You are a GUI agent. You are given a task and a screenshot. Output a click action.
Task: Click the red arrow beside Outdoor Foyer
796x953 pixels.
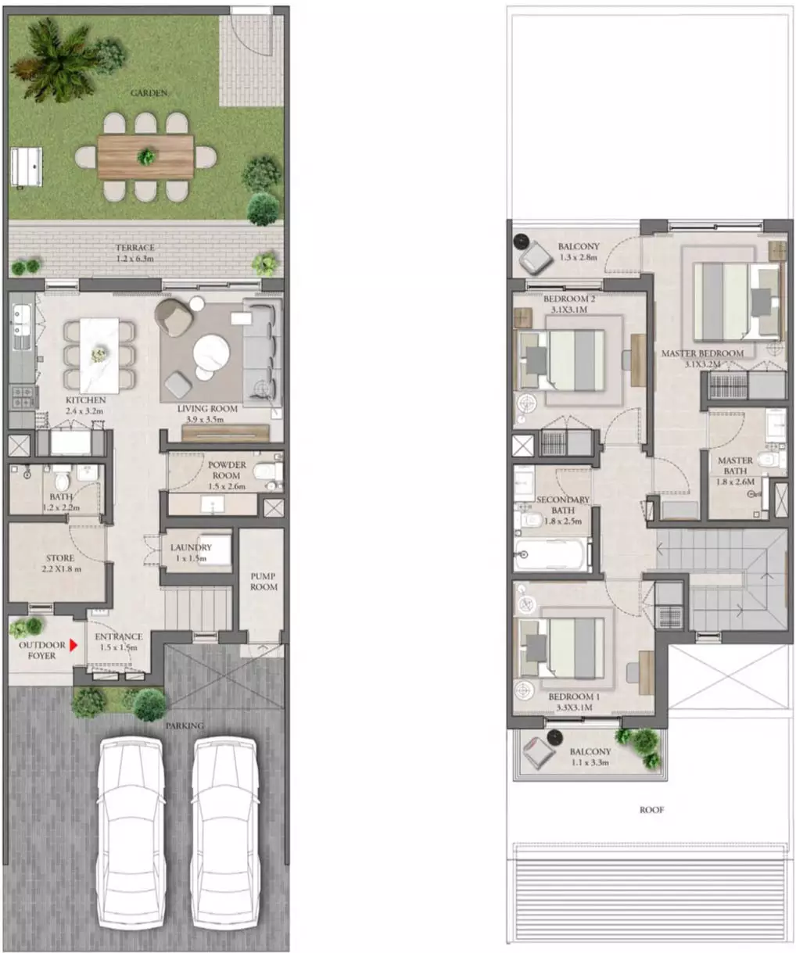(73, 646)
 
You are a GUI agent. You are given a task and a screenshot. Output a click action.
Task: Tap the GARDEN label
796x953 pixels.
(149, 93)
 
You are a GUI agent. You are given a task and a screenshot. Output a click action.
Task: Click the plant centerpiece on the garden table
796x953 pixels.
(146, 156)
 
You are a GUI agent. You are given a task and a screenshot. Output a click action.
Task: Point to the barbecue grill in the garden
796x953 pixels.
(27, 167)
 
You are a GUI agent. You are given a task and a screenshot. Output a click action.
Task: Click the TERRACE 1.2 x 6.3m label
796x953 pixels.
(134, 253)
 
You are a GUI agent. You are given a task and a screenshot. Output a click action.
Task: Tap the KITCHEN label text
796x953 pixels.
(86, 399)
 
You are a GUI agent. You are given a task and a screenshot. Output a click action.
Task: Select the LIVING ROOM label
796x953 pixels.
(207, 409)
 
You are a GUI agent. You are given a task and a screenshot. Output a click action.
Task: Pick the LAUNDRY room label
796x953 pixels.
(191, 547)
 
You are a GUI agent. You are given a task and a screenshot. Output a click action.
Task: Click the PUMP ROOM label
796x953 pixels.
(264, 582)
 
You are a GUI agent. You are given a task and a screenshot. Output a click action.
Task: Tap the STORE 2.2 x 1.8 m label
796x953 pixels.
(60, 563)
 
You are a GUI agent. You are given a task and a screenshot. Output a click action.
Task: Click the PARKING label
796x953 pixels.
(185, 725)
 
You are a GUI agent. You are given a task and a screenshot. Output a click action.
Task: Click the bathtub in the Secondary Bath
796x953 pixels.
(552, 554)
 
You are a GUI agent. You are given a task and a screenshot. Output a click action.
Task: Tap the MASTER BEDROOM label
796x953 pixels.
(702, 353)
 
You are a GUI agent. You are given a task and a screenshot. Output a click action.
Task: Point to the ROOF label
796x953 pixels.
(652, 810)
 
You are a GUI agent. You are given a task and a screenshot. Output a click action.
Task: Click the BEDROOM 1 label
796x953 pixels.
(574, 697)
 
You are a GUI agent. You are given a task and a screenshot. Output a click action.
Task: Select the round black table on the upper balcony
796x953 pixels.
(520, 241)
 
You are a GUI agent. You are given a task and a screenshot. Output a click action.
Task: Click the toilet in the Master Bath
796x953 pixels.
(771, 459)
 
